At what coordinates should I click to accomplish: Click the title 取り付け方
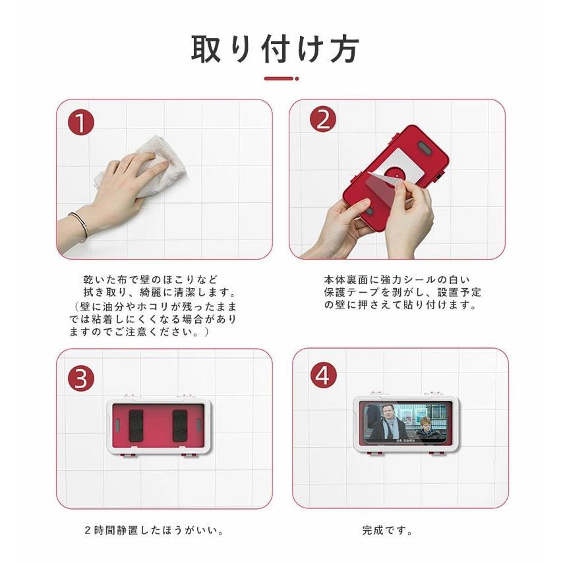tap(275, 49)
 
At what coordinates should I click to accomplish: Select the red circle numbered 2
tap(322, 119)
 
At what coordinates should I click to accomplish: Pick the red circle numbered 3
tap(81, 379)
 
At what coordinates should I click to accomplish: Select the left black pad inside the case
tap(137, 425)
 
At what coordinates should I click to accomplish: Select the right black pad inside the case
tap(180, 425)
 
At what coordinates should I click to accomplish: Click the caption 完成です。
tap(388, 530)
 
